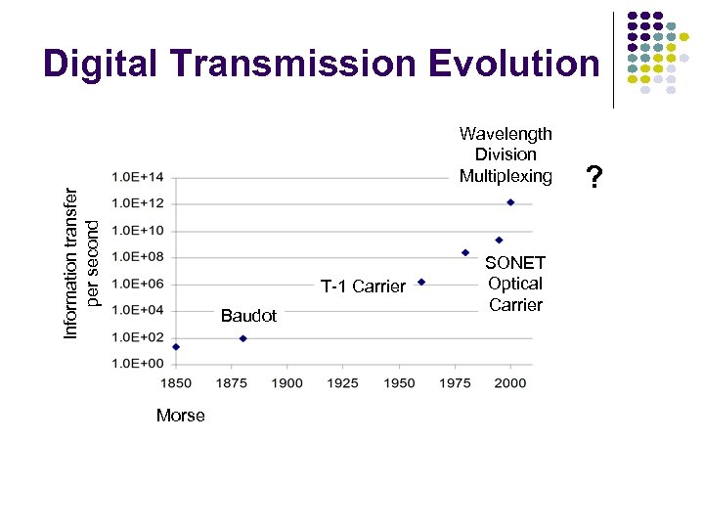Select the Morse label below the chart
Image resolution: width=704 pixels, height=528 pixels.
tap(181, 416)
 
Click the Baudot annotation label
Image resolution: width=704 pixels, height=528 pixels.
tap(248, 316)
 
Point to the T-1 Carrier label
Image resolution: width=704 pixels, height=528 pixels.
tap(363, 286)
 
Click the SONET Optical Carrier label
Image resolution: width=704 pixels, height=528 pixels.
tap(515, 284)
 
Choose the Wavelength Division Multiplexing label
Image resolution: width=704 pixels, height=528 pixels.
tap(506, 154)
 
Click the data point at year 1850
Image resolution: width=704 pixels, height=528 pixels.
tap(176, 346)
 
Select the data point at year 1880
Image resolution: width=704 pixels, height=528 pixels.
tap(243, 338)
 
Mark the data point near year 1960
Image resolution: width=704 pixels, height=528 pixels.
tap(421, 282)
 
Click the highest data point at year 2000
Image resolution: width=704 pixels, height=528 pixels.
tap(510, 202)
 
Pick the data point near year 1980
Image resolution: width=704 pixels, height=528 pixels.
tap(465, 252)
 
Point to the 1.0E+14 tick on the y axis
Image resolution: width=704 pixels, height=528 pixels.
tap(138, 177)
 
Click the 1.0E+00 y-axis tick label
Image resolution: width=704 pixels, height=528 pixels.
tap(138, 364)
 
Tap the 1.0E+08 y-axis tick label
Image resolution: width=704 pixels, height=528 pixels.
tap(138, 257)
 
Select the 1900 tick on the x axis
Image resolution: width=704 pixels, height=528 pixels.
tap(287, 382)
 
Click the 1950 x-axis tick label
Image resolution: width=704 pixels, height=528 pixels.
tap(399, 382)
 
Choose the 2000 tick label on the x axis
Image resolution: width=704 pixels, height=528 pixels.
tap(510, 382)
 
